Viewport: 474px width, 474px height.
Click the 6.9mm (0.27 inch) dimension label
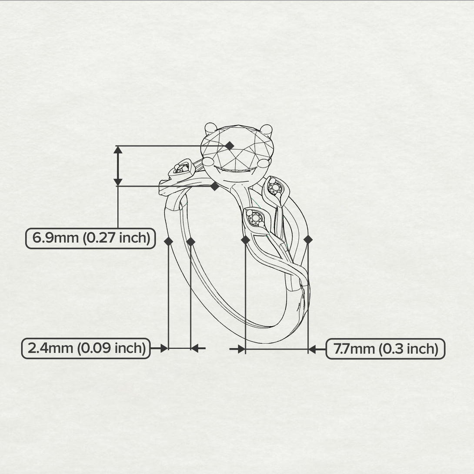pyautogui.click(x=91, y=238)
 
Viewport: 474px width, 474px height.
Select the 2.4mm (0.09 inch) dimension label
pyautogui.click(x=86, y=348)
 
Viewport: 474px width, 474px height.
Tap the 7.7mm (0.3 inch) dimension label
pyautogui.click(x=385, y=349)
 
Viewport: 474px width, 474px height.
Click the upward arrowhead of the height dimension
pyautogui.click(x=118, y=150)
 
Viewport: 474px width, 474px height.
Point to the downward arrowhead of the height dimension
pyautogui.click(x=118, y=182)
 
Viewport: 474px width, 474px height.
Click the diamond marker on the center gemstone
pyautogui.click(x=230, y=146)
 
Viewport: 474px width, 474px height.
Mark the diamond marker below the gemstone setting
pyautogui.click(x=215, y=186)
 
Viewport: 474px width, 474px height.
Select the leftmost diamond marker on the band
pyautogui.click(x=168, y=241)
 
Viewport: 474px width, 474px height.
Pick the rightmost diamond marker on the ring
pyautogui.click(x=308, y=240)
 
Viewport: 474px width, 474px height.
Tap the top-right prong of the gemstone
pyautogui.click(x=266, y=130)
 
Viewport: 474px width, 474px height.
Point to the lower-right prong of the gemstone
pyautogui.click(x=263, y=163)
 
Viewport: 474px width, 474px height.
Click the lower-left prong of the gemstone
pyautogui.click(x=209, y=162)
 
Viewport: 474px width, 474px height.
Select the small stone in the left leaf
pyautogui.click(x=181, y=168)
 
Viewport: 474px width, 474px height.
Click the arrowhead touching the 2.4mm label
pyautogui.click(x=164, y=348)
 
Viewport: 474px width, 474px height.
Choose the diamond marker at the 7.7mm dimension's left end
pyautogui.click(x=245, y=240)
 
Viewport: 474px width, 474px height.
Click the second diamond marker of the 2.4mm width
pyautogui.click(x=191, y=241)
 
